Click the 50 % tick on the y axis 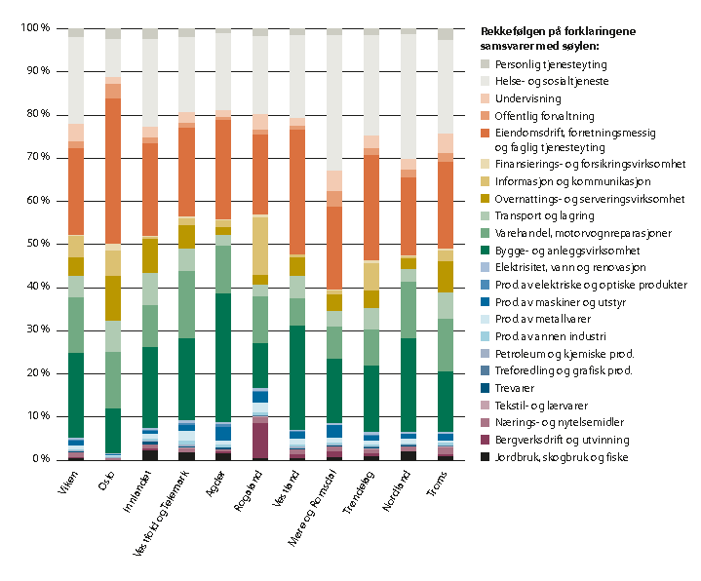tap(36, 244)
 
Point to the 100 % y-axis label tap(34, 28)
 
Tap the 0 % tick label tap(40, 459)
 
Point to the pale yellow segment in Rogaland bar tap(260, 246)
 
